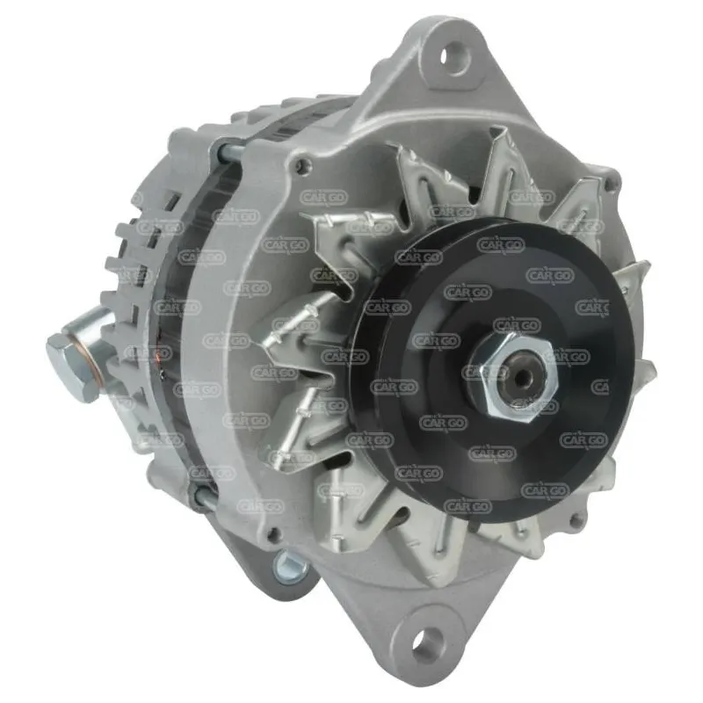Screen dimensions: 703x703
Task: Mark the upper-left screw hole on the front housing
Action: click(304, 163)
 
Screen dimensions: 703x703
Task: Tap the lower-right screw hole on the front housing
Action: click(576, 521)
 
